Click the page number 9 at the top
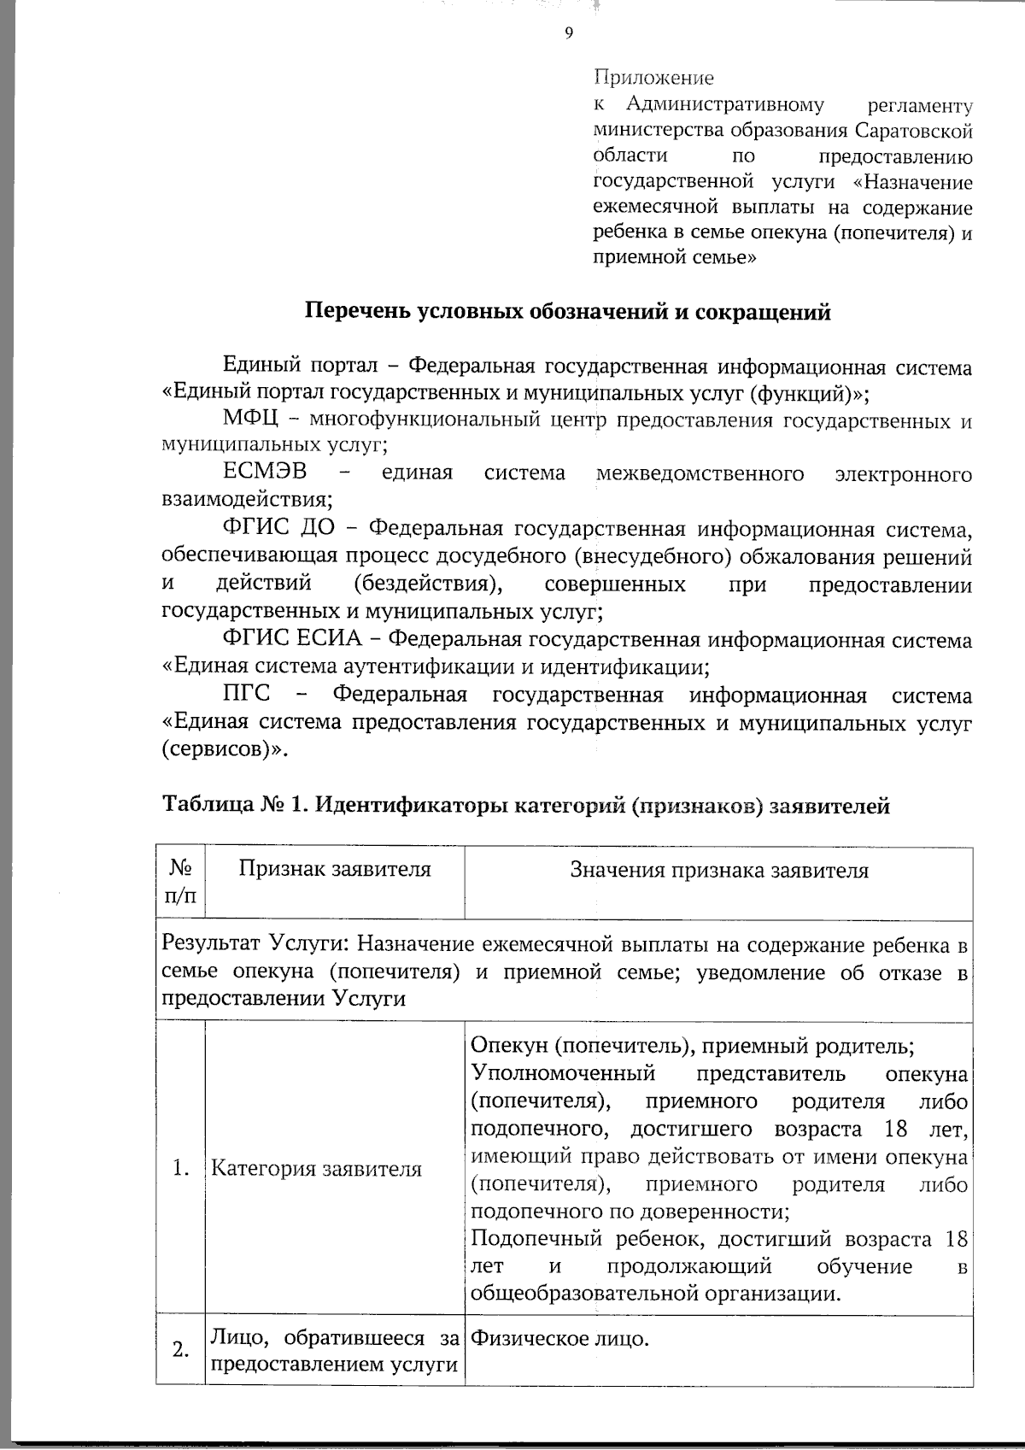[569, 33]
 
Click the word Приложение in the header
[653, 79]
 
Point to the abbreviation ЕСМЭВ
[264, 473]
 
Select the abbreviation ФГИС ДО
[278, 531]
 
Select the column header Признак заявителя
[335, 870]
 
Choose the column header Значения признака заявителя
[718, 871]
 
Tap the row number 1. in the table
[180, 1169]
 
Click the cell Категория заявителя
[316, 1169]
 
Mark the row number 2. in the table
[180, 1351]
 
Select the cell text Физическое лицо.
[559, 1338]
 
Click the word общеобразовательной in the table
[584, 1294]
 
